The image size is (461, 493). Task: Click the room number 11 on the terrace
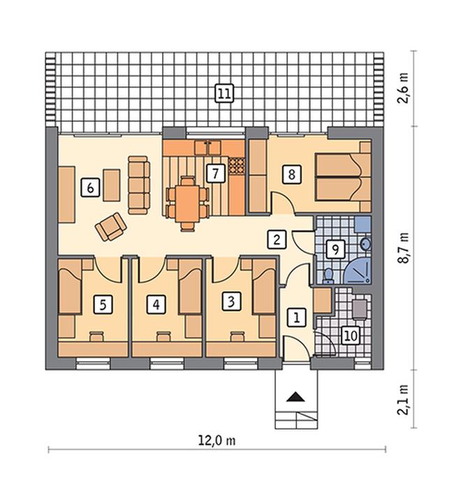pyautogui.click(x=224, y=94)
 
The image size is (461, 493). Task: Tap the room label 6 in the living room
pyautogui.click(x=90, y=188)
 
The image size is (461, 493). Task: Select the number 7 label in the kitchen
pyautogui.click(x=216, y=173)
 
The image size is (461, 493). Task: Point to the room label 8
pyautogui.click(x=291, y=174)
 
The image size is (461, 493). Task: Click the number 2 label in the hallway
pyautogui.click(x=277, y=240)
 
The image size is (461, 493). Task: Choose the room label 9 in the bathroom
pyautogui.click(x=335, y=250)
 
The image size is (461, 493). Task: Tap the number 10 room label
pyautogui.click(x=351, y=335)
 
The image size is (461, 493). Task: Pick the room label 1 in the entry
pyautogui.click(x=297, y=317)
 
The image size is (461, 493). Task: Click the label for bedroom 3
pyautogui.click(x=231, y=302)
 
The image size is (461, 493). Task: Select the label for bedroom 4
pyautogui.click(x=156, y=304)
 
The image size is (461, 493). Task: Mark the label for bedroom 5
pyautogui.click(x=103, y=304)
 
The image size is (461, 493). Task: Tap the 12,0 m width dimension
pyautogui.click(x=217, y=440)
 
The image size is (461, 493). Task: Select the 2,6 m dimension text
pyautogui.click(x=403, y=88)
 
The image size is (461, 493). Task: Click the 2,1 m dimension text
pyautogui.click(x=403, y=399)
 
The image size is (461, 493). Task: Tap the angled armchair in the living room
pyautogui.click(x=110, y=227)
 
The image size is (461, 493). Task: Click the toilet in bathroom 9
pyautogui.click(x=328, y=275)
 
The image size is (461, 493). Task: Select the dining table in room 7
pyautogui.click(x=188, y=203)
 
